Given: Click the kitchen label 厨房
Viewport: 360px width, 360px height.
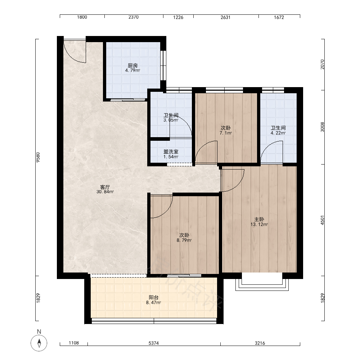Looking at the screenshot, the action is (133, 66).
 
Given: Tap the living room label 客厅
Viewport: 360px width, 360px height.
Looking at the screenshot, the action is (105, 187).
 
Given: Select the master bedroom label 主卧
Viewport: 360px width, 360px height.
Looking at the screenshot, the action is (259, 220).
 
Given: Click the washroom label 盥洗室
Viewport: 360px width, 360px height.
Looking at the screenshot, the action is (171, 152).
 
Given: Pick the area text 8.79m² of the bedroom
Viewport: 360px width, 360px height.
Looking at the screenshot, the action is (184, 240).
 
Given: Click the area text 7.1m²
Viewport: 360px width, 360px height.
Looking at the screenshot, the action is (226, 133).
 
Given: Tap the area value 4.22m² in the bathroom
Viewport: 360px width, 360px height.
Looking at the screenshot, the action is (278, 133).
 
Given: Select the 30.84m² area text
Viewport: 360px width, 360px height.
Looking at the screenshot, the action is (105, 192).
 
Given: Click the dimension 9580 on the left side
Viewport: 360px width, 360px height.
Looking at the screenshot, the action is (38, 158).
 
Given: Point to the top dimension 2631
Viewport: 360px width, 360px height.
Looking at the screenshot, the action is (225, 17).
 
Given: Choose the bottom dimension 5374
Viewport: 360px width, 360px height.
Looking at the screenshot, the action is (154, 343).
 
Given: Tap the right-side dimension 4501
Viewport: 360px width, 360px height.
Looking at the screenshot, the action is (322, 220).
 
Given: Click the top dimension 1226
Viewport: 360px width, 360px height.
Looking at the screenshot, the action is (178, 17).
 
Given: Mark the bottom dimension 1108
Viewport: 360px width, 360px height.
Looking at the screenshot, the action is (74, 343).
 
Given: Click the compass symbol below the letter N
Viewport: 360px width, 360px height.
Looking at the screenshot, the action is (39, 343).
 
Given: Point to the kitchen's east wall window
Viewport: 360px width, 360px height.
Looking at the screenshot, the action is (163, 65).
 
